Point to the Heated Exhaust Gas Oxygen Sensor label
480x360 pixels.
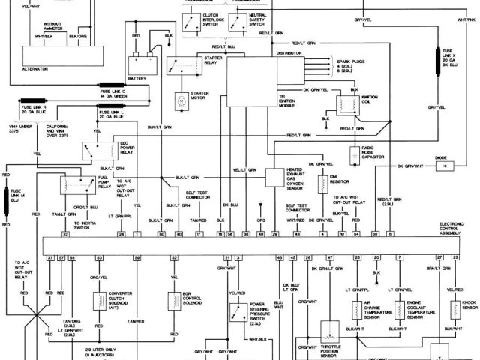[x=298, y=178]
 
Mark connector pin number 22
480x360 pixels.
[x=66, y=235]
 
